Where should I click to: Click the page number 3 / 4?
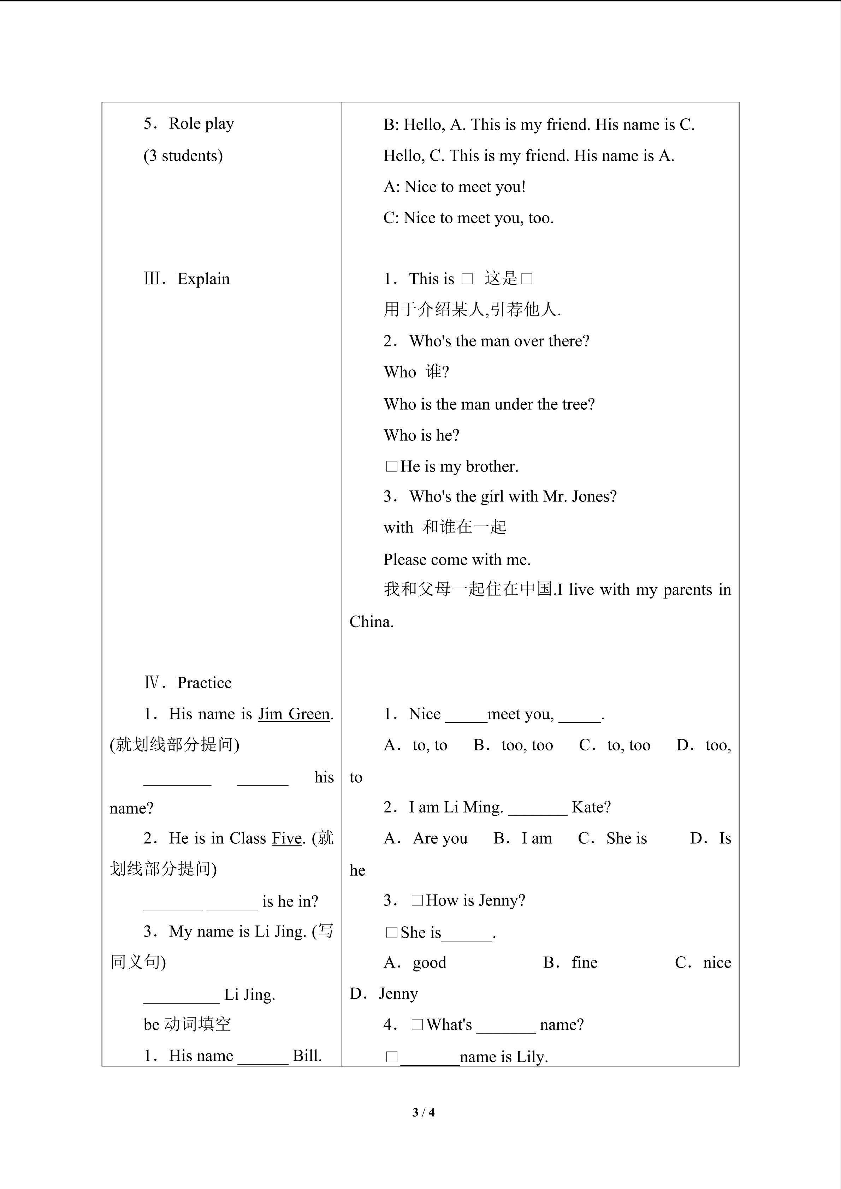(423, 1112)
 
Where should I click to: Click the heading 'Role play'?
(201, 124)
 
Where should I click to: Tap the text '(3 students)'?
(183, 156)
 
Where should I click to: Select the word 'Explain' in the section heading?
(203, 279)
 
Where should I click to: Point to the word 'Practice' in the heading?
(204, 683)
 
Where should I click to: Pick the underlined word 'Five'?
(286, 838)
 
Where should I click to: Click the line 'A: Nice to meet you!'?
(454, 187)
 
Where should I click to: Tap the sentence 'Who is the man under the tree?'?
(489, 404)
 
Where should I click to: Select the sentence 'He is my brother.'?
(459, 466)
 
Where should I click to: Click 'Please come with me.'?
(457, 560)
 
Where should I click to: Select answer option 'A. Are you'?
(426, 838)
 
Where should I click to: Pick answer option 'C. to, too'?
(615, 745)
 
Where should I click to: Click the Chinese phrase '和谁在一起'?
(464, 528)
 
